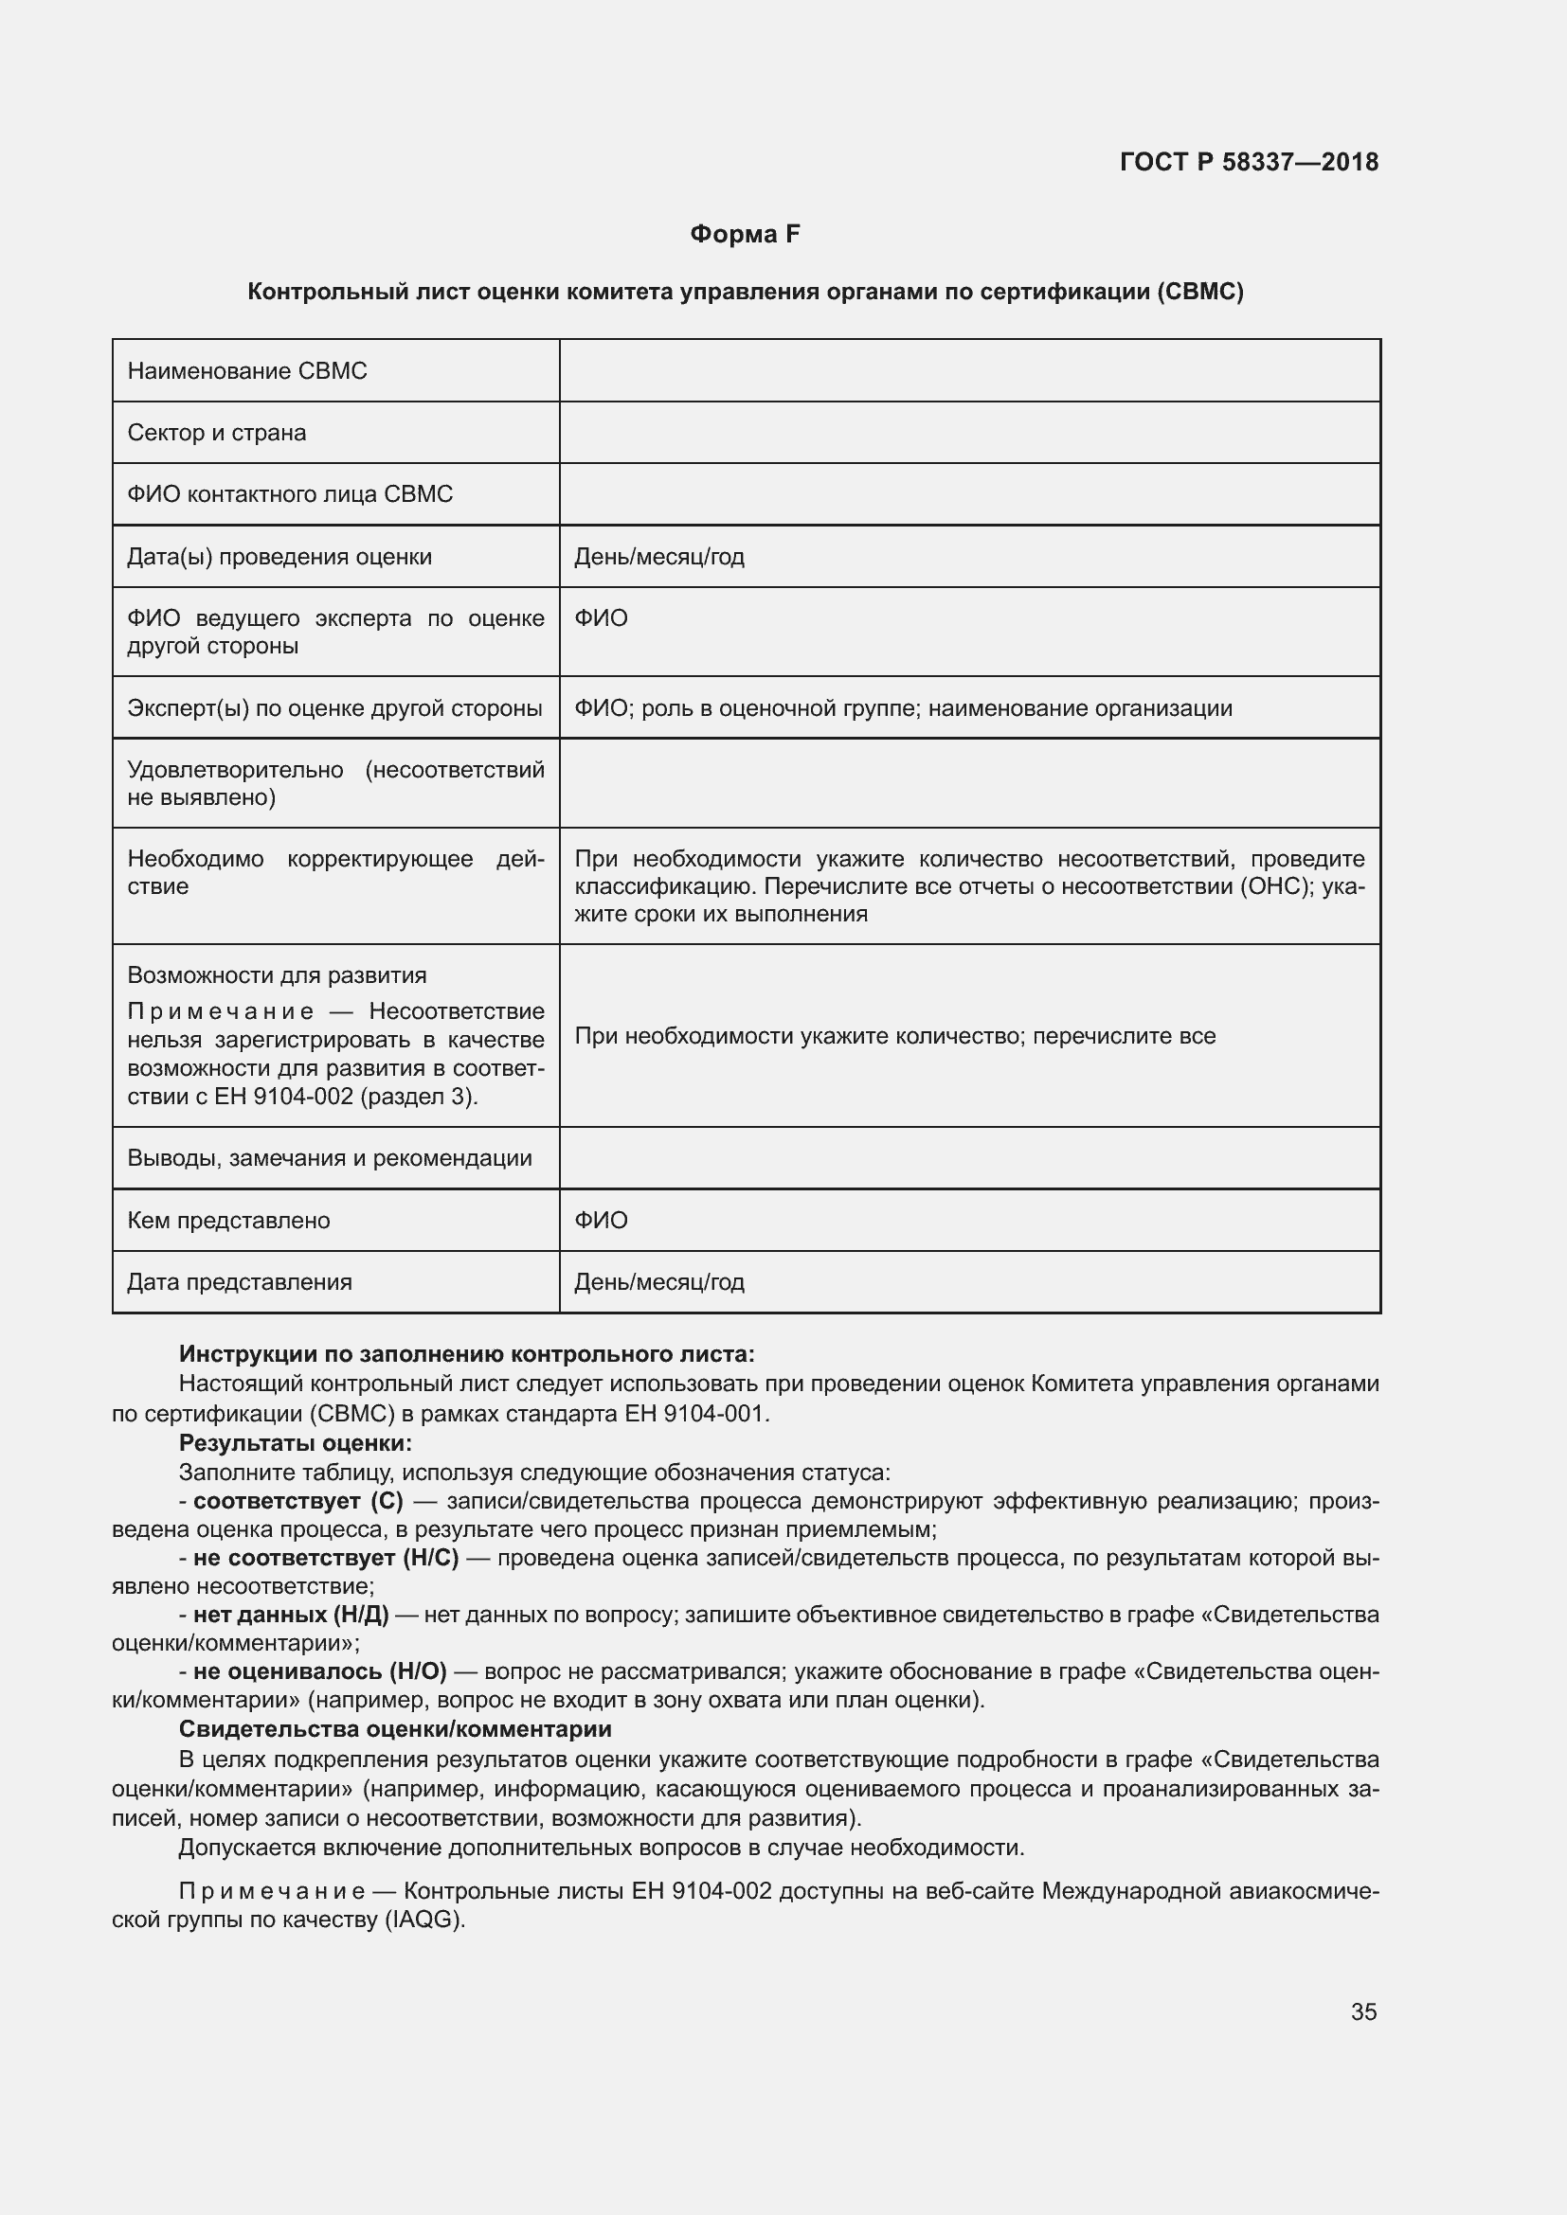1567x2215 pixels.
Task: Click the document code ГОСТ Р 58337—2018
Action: click(x=1249, y=162)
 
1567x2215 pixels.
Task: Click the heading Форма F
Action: click(x=745, y=235)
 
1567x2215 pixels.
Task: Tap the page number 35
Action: click(x=1363, y=2011)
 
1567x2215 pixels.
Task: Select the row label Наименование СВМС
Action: click(x=247, y=371)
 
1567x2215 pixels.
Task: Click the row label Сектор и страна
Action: click(x=217, y=433)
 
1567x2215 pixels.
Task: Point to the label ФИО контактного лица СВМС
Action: click(x=290, y=495)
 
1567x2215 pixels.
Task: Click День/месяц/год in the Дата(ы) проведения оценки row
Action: click(x=659, y=558)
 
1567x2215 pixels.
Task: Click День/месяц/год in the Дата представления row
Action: click(x=659, y=1282)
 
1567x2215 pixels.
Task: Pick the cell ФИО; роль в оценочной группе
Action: click(x=902, y=708)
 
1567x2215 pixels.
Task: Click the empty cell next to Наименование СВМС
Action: click(x=969, y=371)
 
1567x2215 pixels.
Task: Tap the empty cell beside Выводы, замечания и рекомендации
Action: click(x=969, y=1157)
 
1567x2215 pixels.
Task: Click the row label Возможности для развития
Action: click(x=277, y=975)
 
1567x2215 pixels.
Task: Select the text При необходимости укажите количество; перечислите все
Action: click(x=894, y=1036)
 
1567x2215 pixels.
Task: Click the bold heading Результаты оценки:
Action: click(x=296, y=1443)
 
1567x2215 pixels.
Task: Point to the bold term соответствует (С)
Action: click(x=298, y=1501)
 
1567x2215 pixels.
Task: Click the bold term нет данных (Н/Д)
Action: click(x=291, y=1615)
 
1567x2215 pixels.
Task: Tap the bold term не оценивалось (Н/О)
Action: click(x=319, y=1671)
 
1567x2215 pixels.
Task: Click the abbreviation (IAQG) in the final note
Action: click(x=424, y=1920)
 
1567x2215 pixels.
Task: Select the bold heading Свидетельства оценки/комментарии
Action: click(x=396, y=1729)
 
